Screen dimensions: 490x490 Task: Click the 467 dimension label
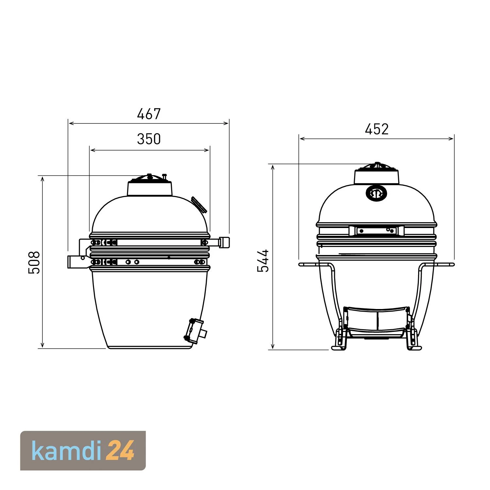149,114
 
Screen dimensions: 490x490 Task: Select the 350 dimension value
149,139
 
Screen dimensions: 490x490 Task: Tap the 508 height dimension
34,262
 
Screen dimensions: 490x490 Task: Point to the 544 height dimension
263,260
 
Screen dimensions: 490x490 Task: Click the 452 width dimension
377,129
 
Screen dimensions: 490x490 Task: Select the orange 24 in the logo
121,451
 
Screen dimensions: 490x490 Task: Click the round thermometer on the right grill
377,194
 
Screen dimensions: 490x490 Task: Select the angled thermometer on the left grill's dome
199,205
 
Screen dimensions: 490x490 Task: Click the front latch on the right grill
377,231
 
